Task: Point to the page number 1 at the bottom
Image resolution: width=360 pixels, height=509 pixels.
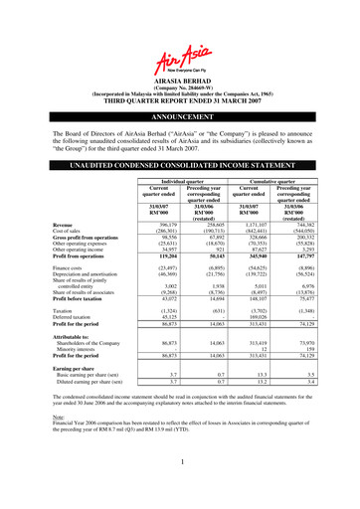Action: click(180, 490)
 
